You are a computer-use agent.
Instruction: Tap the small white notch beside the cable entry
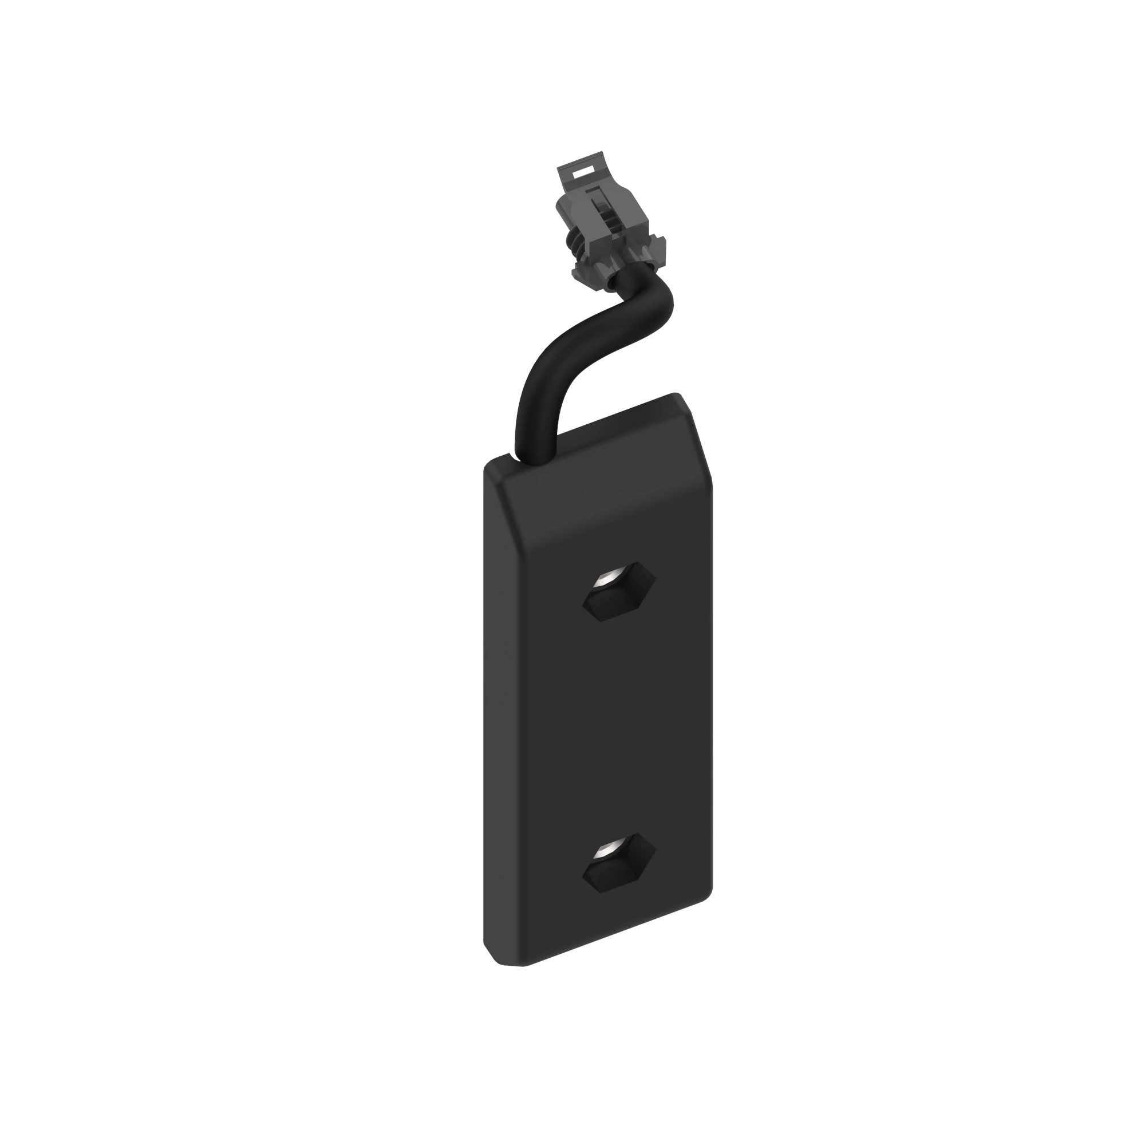(511, 456)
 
